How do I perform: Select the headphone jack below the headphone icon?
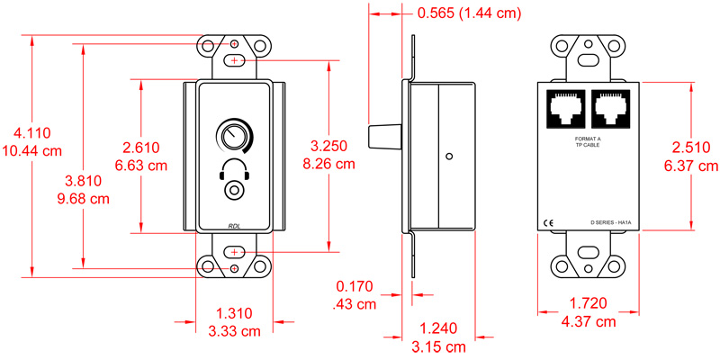tap(235, 191)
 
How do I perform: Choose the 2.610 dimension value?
tap(140, 148)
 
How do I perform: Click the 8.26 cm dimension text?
tap(329, 165)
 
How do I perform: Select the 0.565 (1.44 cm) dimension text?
tap(469, 14)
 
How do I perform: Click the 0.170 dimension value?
tap(354, 288)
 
